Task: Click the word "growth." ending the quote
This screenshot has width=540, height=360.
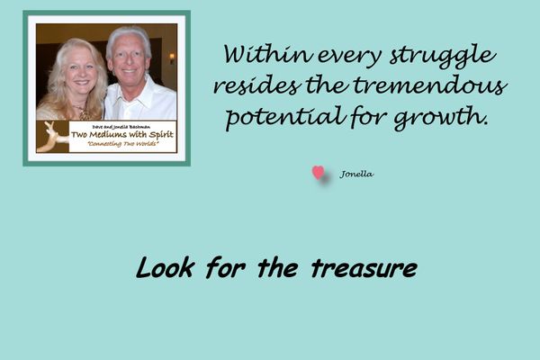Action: tap(442, 118)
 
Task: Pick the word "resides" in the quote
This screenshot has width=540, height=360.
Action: tap(256, 85)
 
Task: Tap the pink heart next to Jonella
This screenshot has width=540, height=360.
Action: tap(319, 173)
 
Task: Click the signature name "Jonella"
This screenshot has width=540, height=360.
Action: tap(356, 174)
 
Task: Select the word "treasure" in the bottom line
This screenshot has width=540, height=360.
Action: tap(364, 268)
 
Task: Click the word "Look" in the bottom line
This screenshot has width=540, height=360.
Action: tap(165, 267)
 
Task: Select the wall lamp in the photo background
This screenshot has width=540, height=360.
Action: tap(172, 58)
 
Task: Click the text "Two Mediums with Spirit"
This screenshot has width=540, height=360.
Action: tap(122, 134)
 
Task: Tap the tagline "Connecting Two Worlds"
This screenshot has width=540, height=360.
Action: tap(123, 144)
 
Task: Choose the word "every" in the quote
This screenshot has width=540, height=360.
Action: tap(349, 58)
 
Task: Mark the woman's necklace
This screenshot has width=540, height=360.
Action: tap(83, 112)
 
